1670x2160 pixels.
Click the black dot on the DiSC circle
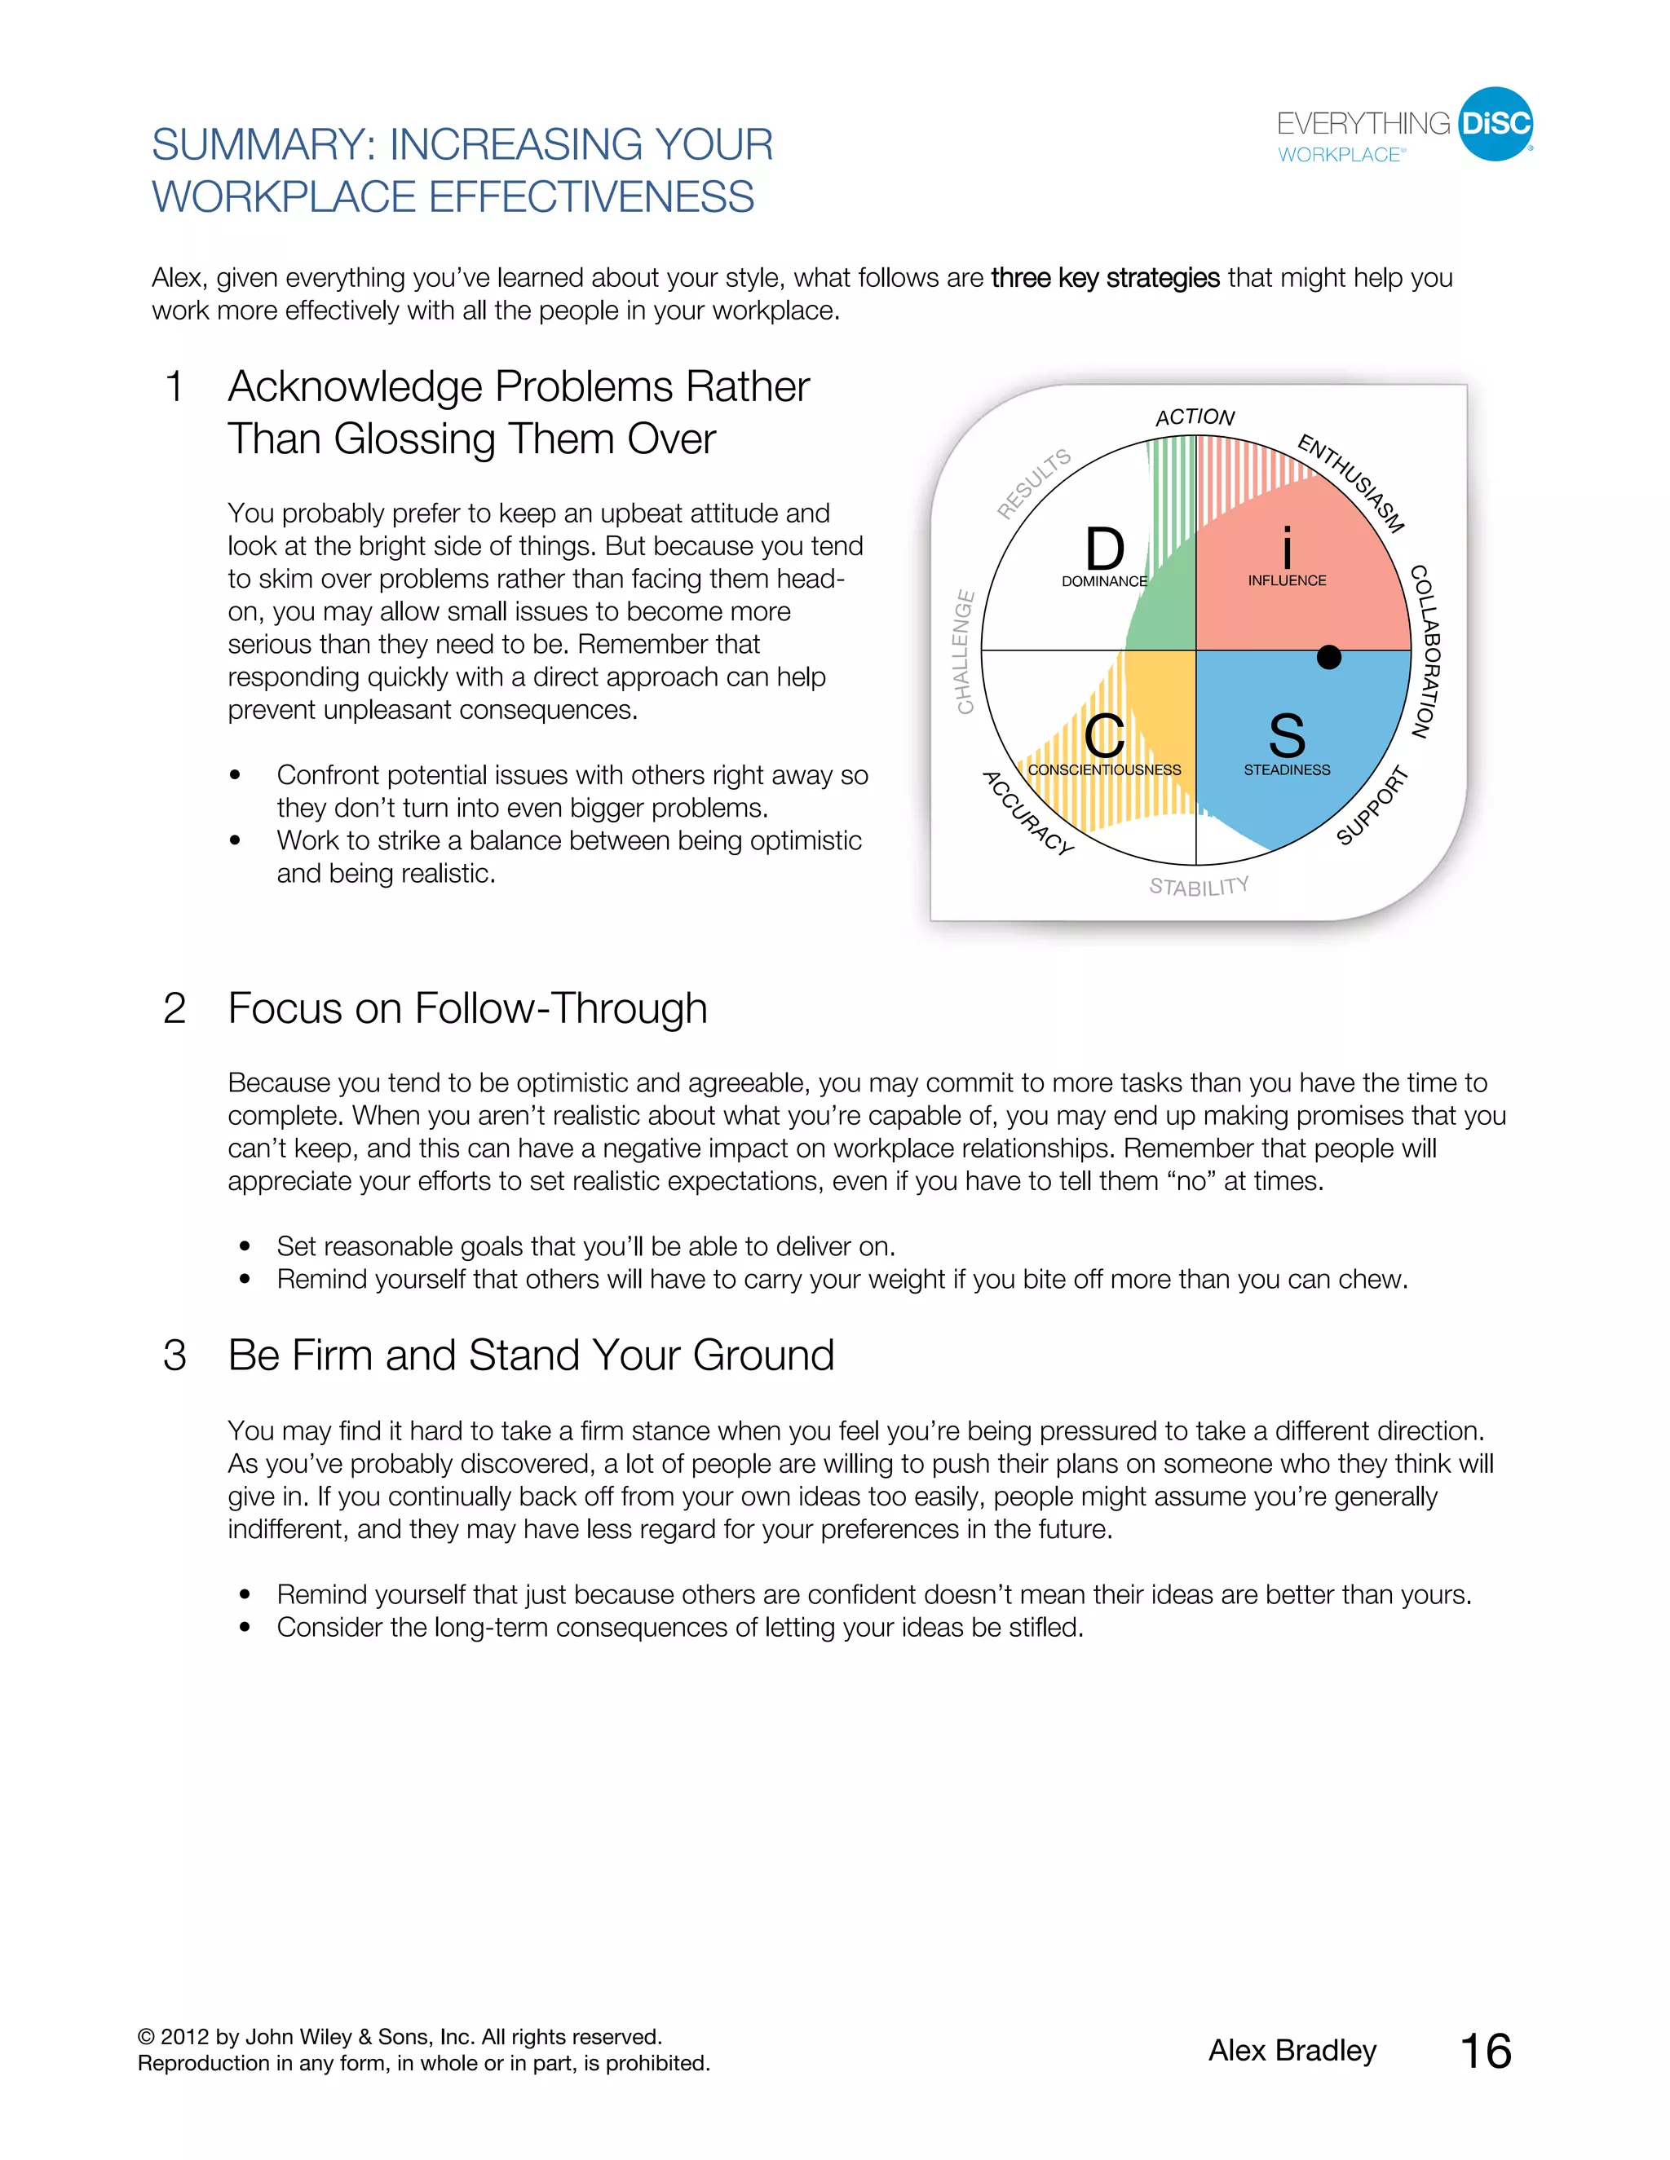[1328, 657]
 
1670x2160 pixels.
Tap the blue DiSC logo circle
[1495, 124]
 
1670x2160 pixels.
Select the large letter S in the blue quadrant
[1286, 736]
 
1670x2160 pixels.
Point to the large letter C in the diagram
[1104, 736]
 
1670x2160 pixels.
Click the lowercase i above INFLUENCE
[1286, 548]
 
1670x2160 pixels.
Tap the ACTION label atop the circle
[1195, 417]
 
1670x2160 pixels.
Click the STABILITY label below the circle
[1198, 886]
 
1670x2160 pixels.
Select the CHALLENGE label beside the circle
[965, 652]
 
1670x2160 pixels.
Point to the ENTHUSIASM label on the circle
[1351, 482]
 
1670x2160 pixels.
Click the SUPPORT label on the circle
[1372, 805]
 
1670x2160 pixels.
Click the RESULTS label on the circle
[1034, 483]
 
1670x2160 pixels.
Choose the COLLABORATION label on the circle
[1425, 652]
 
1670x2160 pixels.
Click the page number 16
[1485, 2052]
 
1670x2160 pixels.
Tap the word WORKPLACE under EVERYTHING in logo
[1340, 155]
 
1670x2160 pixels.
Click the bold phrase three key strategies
[1105, 278]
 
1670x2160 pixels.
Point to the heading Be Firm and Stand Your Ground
[532, 1355]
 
